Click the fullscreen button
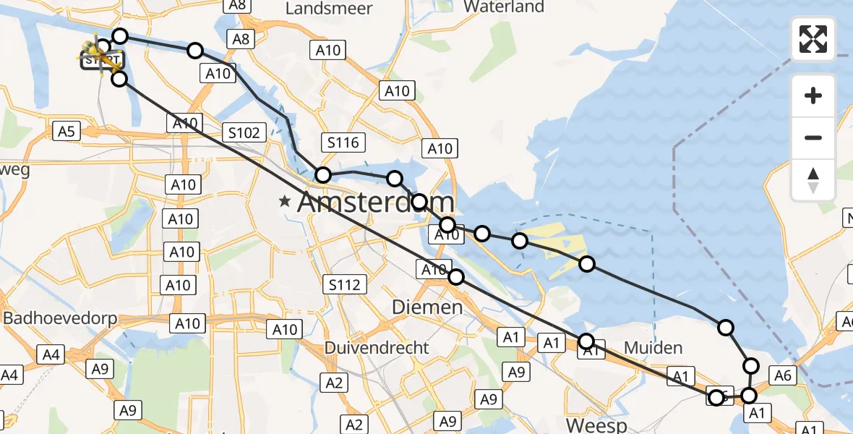(813, 39)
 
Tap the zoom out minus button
(813, 137)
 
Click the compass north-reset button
(813, 179)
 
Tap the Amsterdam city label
(376, 203)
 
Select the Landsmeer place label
(329, 9)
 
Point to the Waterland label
(504, 7)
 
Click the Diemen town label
(427, 307)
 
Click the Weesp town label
(596, 424)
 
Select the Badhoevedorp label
(61, 319)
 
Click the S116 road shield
(343, 142)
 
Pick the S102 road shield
(244, 132)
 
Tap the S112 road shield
(343, 284)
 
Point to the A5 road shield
(66, 131)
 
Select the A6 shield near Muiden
(786, 374)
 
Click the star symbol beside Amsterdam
(287, 203)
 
